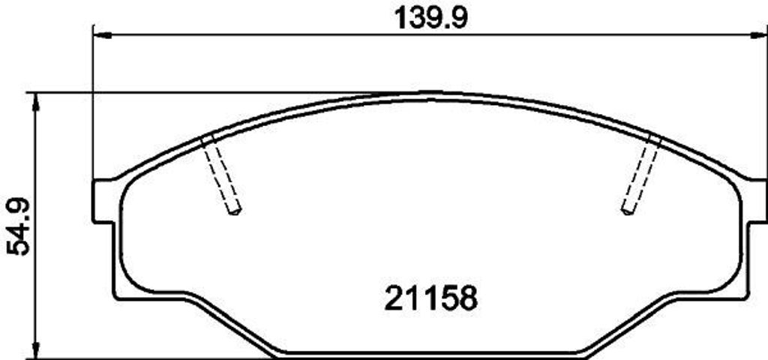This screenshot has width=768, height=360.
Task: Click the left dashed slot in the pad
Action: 222,174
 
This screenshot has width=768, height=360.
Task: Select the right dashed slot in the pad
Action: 640,174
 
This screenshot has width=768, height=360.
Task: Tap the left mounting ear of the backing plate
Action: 103,201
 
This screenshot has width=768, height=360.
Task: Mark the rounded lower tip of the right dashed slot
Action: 627,211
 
